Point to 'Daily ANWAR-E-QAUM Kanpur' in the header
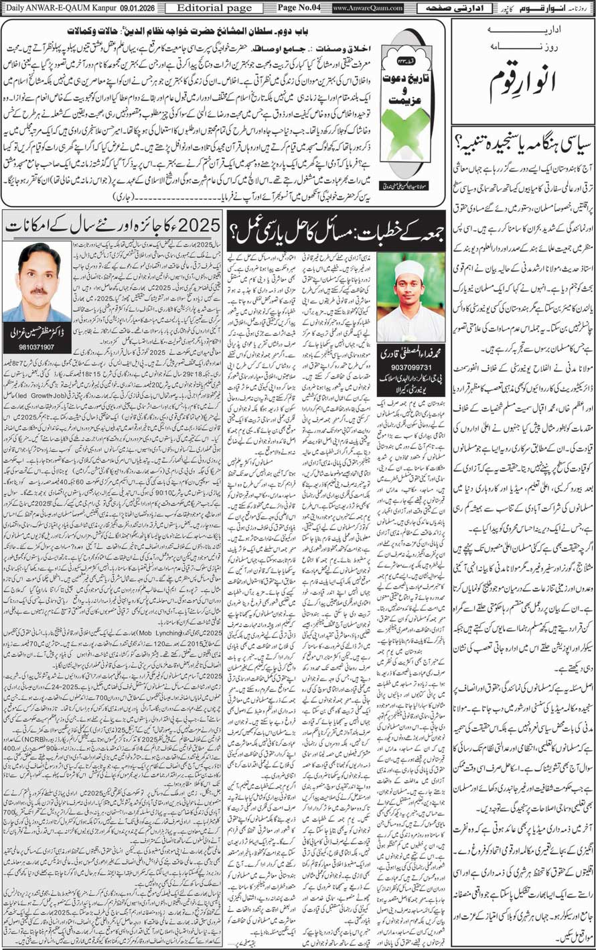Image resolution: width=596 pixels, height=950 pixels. point(57,7)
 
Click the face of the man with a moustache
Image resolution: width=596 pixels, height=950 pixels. point(39,277)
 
